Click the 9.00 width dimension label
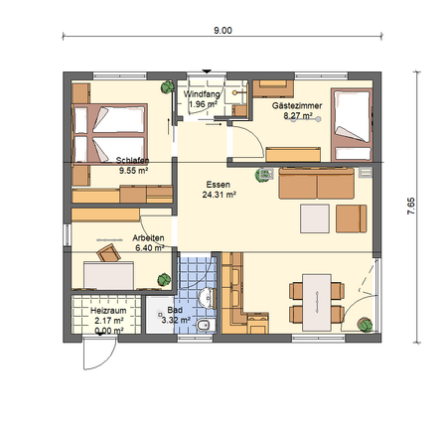click(x=223, y=31)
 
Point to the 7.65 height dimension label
click(x=410, y=207)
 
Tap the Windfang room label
click(x=202, y=94)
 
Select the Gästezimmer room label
click(x=297, y=106)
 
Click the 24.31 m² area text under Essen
click(x=219, y=195)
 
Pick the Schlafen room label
click(x=132, y=161)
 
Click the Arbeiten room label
click(x=148, y=238)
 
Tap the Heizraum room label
click(x=108, y=311)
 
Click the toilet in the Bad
click(x=206, y=326)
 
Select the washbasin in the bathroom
click(x=208, y=298)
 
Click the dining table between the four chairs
click(x=317, y=302)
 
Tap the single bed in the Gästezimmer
click(x=352, y=124)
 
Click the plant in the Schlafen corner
click(x=167, y=87)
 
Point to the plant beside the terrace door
click(x=366, y=325)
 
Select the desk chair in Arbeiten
click(x=108, y=253)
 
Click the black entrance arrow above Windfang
click(x=207, y=71)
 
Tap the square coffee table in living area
click(x=315, y=218)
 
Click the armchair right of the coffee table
click(x=352, y=218)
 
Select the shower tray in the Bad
click(x=160, y=315)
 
